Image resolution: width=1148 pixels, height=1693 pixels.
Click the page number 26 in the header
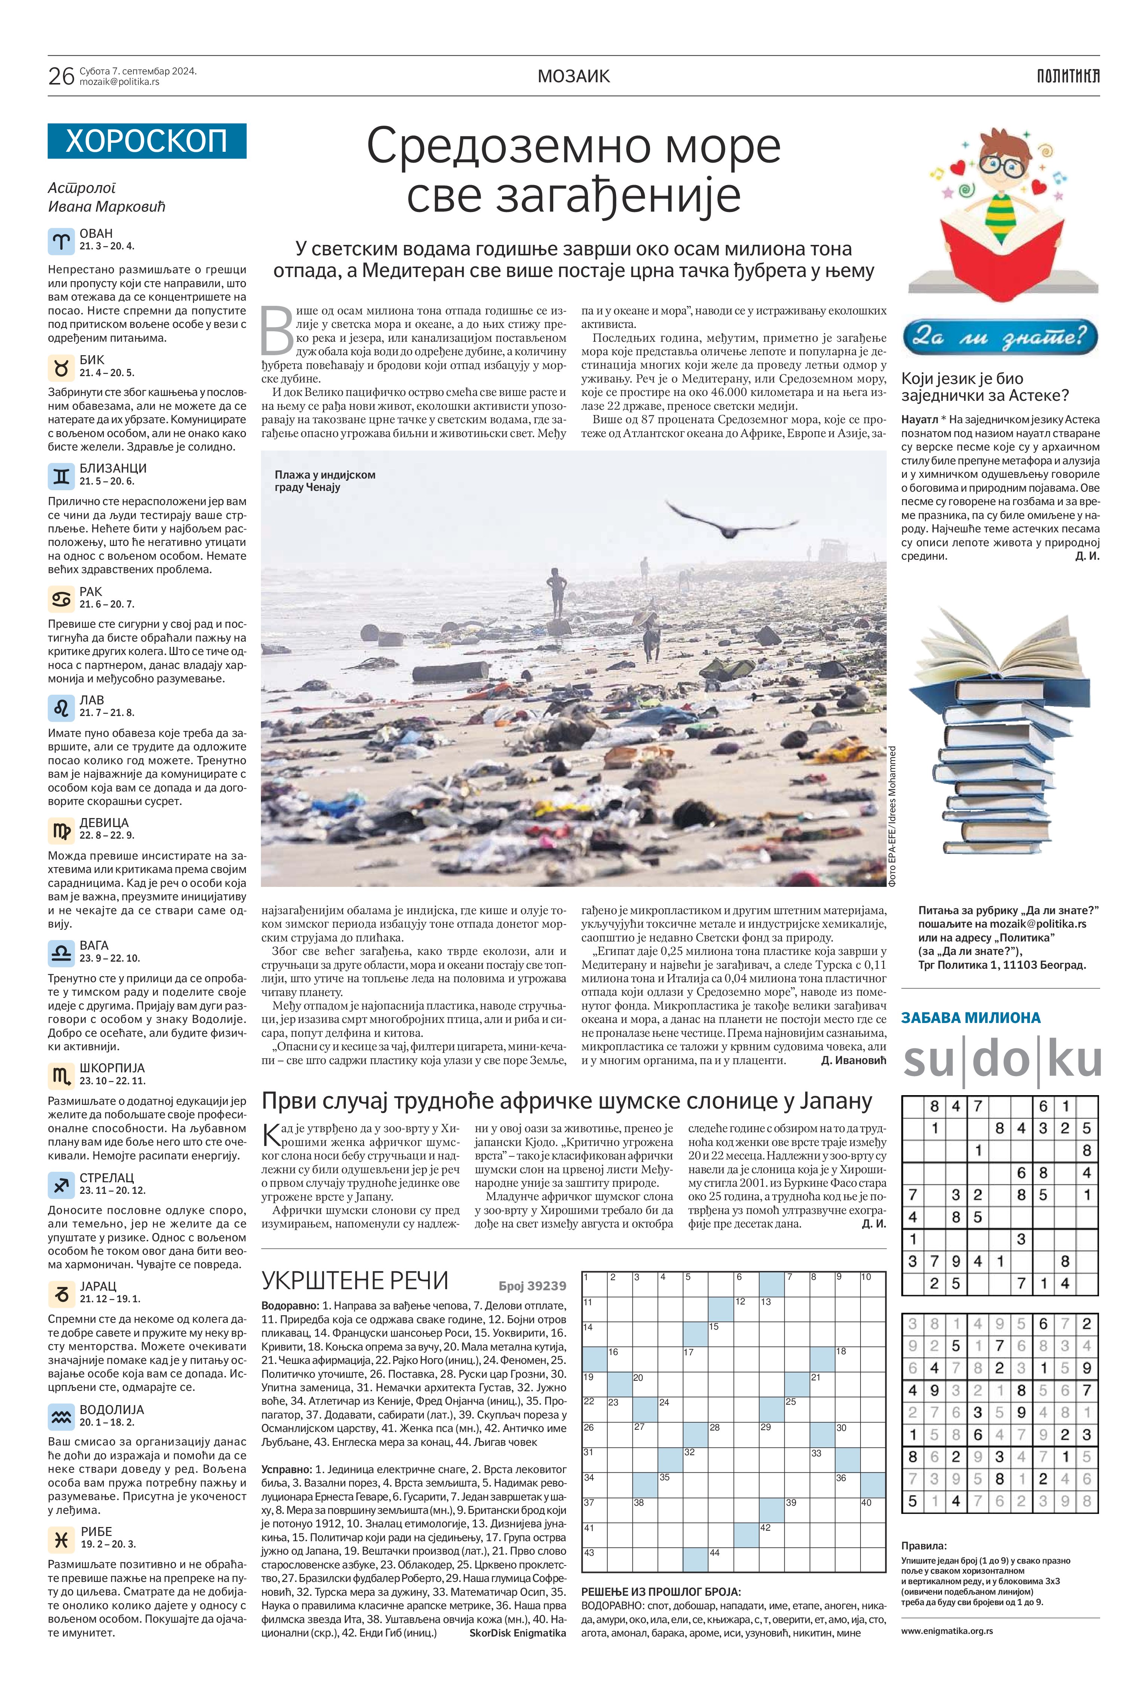pos(61,76)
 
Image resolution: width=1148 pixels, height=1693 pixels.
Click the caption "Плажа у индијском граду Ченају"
pos(325,481)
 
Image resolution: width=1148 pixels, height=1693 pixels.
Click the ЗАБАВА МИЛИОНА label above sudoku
pos(970,1018)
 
